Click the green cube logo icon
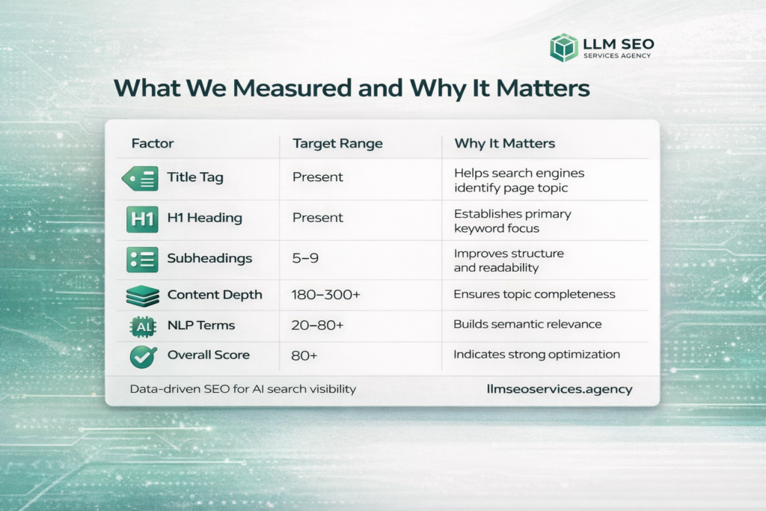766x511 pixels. [x=564, y=47]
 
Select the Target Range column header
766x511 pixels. [x=337, y=143]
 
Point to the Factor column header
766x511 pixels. [x=153, y=143]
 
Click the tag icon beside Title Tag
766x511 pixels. [x=140, y=178]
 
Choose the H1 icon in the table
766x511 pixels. [x=141, y=218]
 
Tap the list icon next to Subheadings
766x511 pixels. [x=142, y=259]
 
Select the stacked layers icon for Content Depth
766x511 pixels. [x=141, y=296]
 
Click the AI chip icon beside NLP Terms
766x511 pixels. [x=141, y=326]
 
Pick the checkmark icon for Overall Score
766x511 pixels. [x=141, y=357]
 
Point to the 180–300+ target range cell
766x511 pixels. [x=325, y=295]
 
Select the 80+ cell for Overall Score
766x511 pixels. [x=304, y=356]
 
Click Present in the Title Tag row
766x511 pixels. [x=317, y=177]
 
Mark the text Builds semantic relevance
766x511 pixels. [x=527, y=325]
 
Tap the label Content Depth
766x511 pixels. [x=215, y=295]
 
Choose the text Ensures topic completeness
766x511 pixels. [x=534, y=294]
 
